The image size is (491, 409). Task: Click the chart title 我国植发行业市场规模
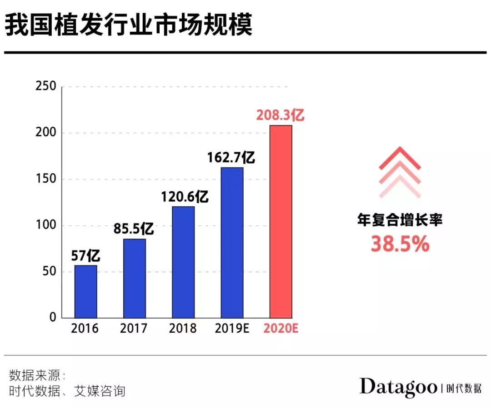point(128,26)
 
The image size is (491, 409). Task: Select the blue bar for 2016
point(85,291)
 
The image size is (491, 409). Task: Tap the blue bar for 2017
point(135,278)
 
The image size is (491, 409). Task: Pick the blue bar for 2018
point(183,262)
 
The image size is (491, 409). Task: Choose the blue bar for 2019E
point(232,242)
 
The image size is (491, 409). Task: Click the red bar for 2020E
point(281,221)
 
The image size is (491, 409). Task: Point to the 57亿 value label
point(85,256)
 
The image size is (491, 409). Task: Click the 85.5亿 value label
point(134,229)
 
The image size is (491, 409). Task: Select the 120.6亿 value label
point(184,197)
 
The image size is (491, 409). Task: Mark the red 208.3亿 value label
point(280,115)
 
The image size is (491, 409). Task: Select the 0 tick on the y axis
point(53,318)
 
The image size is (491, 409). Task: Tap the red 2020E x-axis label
point(281,329)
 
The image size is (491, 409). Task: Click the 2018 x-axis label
point(183,329)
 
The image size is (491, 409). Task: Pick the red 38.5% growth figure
point(400,244)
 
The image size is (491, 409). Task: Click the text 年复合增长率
point(400,221)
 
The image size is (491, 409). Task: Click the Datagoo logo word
point(398,387)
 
